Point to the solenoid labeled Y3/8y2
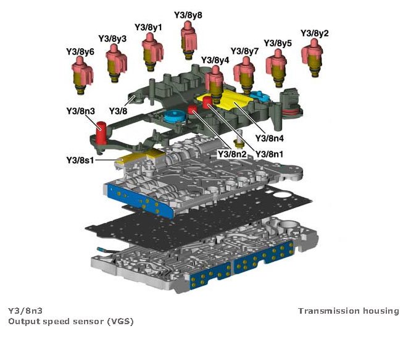[314, 56]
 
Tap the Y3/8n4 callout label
[269, 137]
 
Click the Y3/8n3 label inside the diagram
[80, 111]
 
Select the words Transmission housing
[349, 311]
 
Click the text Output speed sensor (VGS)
[70, 321]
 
